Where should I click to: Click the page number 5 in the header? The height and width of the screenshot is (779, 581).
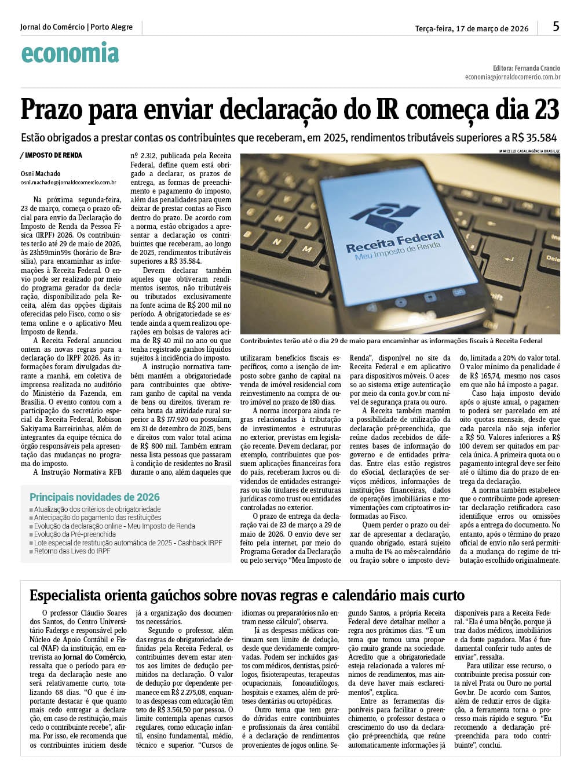[x=556, y=27]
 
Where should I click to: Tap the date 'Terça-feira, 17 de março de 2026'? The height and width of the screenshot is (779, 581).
[x=472, y=28]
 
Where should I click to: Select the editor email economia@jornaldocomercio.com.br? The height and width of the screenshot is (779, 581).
[x=512, y=77]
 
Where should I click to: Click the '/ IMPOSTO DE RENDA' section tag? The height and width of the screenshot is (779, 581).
[x=51, y=155]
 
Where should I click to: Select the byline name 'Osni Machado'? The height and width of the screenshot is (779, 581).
[x=40, y=174]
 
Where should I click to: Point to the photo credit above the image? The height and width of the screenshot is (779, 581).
[x=529, y=151]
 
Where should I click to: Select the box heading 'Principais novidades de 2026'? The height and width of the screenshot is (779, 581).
[x=94, y=497]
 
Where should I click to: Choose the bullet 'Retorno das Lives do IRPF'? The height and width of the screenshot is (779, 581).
[x=72, y=551]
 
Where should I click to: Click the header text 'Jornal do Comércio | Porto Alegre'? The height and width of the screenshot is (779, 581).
[x=76, y=27]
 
